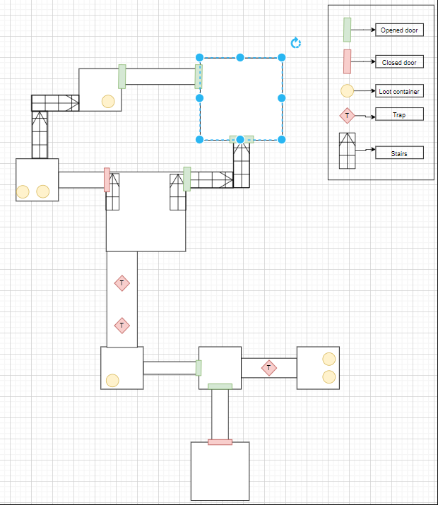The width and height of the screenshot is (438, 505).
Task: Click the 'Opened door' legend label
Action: (398, 30)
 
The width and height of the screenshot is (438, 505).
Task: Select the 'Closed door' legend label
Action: (398, 62)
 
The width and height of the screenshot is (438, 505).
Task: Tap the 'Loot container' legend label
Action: (399, 91)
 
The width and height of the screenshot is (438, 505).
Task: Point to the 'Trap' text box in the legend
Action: (399, 114)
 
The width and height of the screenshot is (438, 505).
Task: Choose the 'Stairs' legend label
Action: (399, 152)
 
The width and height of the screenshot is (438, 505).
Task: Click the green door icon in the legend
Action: (348, 30)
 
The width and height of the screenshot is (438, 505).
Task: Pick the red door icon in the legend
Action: (348, 62)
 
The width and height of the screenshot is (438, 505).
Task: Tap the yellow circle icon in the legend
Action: (348, 91)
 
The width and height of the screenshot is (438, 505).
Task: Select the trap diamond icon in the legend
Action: (348, 115)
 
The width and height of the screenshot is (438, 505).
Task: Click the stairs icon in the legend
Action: (348, 151)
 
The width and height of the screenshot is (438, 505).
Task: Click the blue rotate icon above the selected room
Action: (296, 43)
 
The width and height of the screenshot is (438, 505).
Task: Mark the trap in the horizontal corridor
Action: (268, 368)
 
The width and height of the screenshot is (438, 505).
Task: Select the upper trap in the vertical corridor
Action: (122, 283)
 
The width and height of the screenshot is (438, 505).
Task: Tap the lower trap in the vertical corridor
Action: (122, 326)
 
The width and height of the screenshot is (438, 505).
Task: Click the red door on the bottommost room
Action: (220, 442)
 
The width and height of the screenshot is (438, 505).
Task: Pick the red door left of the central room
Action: (107, 179)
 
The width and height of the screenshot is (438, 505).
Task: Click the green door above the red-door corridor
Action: (220, 386)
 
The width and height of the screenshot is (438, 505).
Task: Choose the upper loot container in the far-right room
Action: (328, 359)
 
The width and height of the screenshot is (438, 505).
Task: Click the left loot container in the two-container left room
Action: (23, 191)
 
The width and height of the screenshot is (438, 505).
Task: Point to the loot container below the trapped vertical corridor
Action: (112, 381)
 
